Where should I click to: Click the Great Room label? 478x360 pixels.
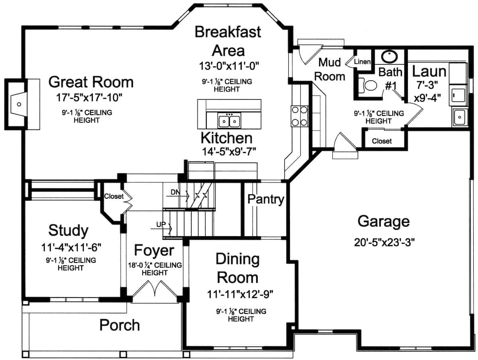tap(91, 82)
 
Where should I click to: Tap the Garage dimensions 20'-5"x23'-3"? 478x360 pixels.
tap(384, 243)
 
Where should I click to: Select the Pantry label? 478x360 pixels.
tap(266, 200)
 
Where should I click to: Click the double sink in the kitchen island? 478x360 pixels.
tap(229, 121)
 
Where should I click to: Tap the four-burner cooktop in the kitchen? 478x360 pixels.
tap(299, 115)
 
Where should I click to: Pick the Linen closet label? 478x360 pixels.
tap(362, 62)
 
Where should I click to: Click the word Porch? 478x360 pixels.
tap(119, 325)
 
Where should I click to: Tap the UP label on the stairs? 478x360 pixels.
tap(161, 225)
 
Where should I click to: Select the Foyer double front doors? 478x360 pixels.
tap(155, 288)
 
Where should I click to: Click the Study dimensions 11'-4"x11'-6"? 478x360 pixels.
tap(71, 247)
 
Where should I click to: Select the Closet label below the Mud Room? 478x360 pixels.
tap(382, 141)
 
